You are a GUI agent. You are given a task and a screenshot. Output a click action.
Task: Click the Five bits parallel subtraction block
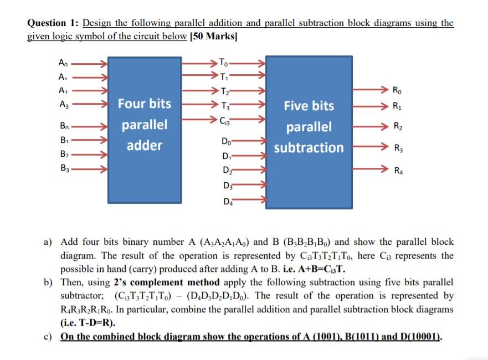click(308, 131)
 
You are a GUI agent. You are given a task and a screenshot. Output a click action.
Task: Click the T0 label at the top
click(223, 62)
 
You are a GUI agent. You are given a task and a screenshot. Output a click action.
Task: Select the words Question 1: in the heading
click(53, 23)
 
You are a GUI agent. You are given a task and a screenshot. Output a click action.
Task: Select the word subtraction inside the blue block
click(308, 148)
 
